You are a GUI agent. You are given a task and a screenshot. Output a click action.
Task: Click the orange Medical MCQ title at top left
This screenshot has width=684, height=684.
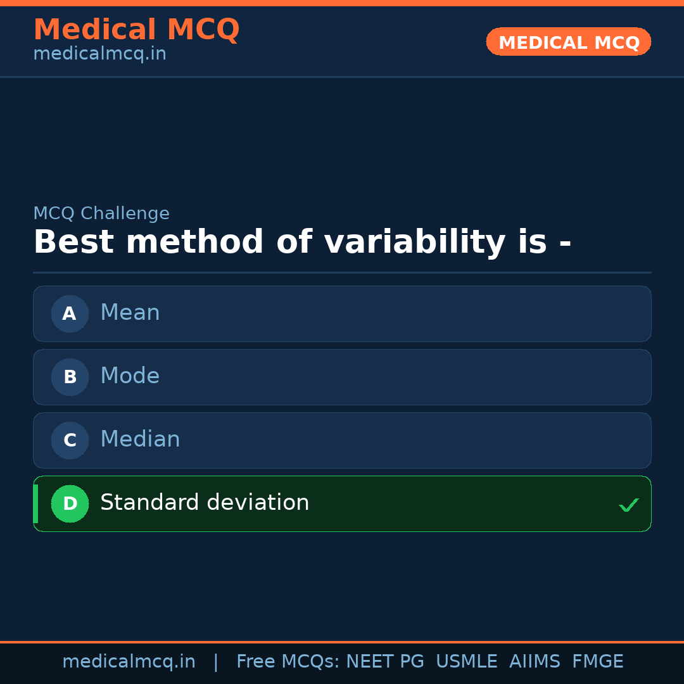136,30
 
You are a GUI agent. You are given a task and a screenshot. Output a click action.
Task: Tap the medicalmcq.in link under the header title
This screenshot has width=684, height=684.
99,54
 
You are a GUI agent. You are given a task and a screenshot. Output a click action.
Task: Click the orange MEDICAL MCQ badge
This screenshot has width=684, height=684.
568,42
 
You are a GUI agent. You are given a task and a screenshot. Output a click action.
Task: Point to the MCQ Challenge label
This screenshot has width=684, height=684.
101,213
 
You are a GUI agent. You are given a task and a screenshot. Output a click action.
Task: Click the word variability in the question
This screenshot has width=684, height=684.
414,243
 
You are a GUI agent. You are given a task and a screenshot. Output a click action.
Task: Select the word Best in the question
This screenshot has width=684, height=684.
74,243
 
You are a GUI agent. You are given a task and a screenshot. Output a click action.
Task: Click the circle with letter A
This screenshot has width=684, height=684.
70,313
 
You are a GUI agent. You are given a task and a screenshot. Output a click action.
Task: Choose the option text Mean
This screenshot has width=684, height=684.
130,313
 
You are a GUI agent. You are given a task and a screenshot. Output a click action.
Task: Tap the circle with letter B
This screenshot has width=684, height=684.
70,377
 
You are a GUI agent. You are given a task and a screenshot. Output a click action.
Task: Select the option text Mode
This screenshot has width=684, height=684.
130,376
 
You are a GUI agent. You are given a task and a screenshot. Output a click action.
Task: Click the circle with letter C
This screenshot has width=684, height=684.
70,440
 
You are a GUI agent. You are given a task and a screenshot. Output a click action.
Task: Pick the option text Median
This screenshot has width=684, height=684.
140,440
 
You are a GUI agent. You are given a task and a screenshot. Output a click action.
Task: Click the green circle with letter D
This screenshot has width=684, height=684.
70,503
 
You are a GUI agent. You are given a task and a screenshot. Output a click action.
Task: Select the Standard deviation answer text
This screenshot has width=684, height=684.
205,503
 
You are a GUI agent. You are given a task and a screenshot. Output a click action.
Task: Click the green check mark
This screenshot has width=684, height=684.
628,505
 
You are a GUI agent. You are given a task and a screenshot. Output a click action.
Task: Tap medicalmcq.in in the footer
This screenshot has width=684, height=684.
129,662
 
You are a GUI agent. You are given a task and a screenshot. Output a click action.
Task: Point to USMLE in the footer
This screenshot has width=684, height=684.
466,662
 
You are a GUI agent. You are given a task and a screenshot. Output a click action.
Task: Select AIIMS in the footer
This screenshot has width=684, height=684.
535,662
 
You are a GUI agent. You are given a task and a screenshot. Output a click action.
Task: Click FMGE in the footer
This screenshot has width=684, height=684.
597,662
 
